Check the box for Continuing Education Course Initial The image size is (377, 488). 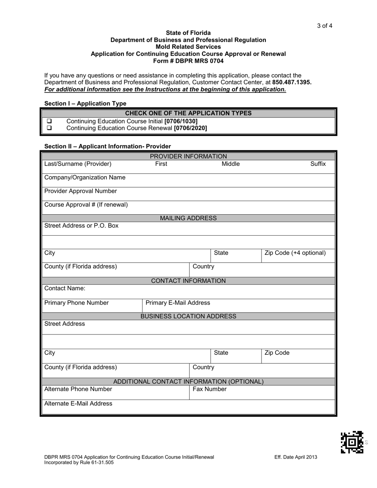pyautogui.click(x=50, y=121)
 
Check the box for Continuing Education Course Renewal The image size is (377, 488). pyautogui.click(x=50, y=128)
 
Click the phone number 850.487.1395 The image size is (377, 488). pyautogui.click(x=292, y=82)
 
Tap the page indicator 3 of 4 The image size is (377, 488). pyautogui.click(x=324, y=26)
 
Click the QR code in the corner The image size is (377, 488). pyautogui.click(x=352, y=442)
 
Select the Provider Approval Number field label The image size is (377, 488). pyautogui.click(x=81, y=191)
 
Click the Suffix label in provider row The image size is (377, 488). pyautogui.click(x=318, y=164)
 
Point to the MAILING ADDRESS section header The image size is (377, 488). pyautogui.click(x=188, y=218)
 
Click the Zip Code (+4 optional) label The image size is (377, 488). pyautogui.click(x=295, y=253)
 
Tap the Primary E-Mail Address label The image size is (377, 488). pyautogui.click(x=178, y=303)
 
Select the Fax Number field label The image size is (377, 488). pyautogui.click(x=210, y=389)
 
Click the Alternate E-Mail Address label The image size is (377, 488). pyautogui.click(x=78, y=403)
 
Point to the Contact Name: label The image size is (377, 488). pyautogui.click(x=65, y=288)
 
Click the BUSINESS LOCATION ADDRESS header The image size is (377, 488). pyautogui.click(x=188, y=316)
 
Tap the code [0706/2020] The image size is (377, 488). pyautogui.click(x=190, y=128)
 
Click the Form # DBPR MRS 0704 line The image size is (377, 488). pyautogui.click(x=188, y=61)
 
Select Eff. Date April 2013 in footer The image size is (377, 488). pyautogui.click(x=296, y=457)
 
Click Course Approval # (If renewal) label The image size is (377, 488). pyautogui.click(x=86, y=205)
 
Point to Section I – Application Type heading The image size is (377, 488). pyautogui.click(x=85, y=104)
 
